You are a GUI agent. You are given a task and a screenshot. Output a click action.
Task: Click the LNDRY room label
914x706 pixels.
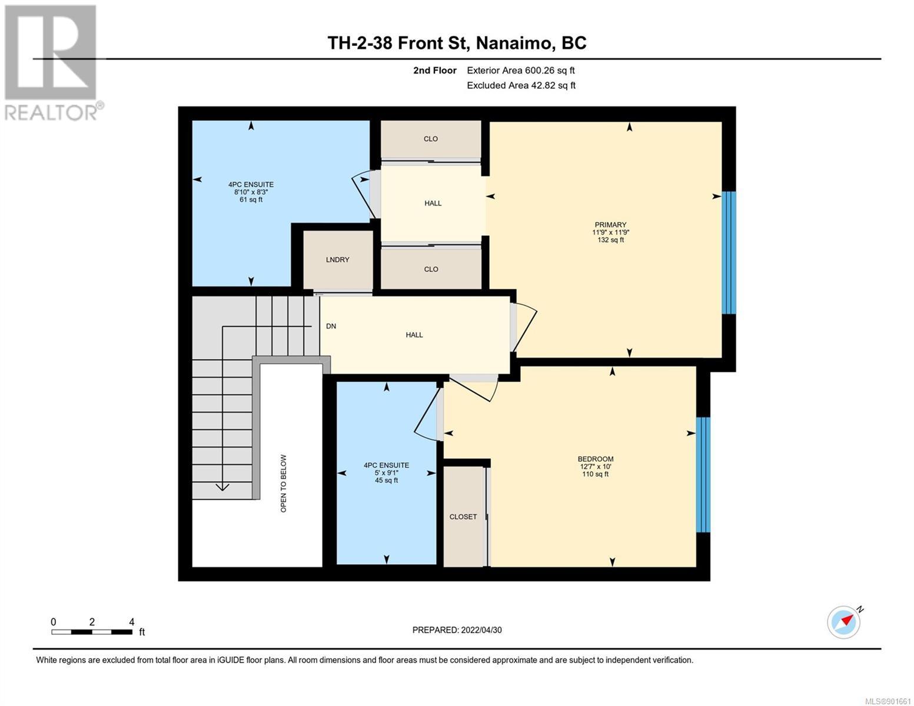pyautogui.click(x=337, y=259)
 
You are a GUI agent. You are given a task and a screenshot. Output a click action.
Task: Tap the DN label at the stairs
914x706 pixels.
pyautogui.click(x=331, y=326)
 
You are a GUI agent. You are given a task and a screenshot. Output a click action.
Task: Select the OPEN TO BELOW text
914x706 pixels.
pyautogui.click(x=283, y=483)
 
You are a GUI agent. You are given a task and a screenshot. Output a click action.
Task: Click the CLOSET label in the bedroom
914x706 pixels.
pyautogui.click(x=463, y=517)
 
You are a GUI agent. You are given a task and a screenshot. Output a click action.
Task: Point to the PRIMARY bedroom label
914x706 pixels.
pyautogui.click(x=610, y=225)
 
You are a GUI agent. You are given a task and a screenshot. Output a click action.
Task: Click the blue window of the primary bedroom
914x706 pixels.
pyautogui.click(x=729, y=253)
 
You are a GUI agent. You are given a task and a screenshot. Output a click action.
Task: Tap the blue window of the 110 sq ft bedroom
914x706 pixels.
pyautogui.click(x=703, y=475)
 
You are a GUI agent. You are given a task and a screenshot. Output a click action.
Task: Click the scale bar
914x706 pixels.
pyautogui.click(x=92, y=632)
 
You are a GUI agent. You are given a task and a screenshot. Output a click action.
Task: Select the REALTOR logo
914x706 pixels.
pyautogui.click(x=52, y=63)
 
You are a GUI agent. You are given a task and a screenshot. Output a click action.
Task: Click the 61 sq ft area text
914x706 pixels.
pyautogui.click(x=251, y=199)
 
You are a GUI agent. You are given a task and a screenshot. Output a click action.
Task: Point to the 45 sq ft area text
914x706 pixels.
pyautogui.click(x=386, y=480)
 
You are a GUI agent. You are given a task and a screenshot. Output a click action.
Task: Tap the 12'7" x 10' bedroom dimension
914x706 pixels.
pyautogui.click(x=595, y=467)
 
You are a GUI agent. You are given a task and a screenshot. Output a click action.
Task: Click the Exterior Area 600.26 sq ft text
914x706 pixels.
pyautogui.click(x=521, y=70)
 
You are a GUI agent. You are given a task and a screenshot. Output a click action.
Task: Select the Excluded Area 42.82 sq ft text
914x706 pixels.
pyautogui.click(x=521, y=85)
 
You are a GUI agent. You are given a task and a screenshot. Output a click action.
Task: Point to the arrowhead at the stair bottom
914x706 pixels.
pyautogui.click(x=222, y=487)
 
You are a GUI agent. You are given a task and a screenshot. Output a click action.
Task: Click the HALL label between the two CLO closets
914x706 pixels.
pyautogui.click(x=433, y=203)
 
